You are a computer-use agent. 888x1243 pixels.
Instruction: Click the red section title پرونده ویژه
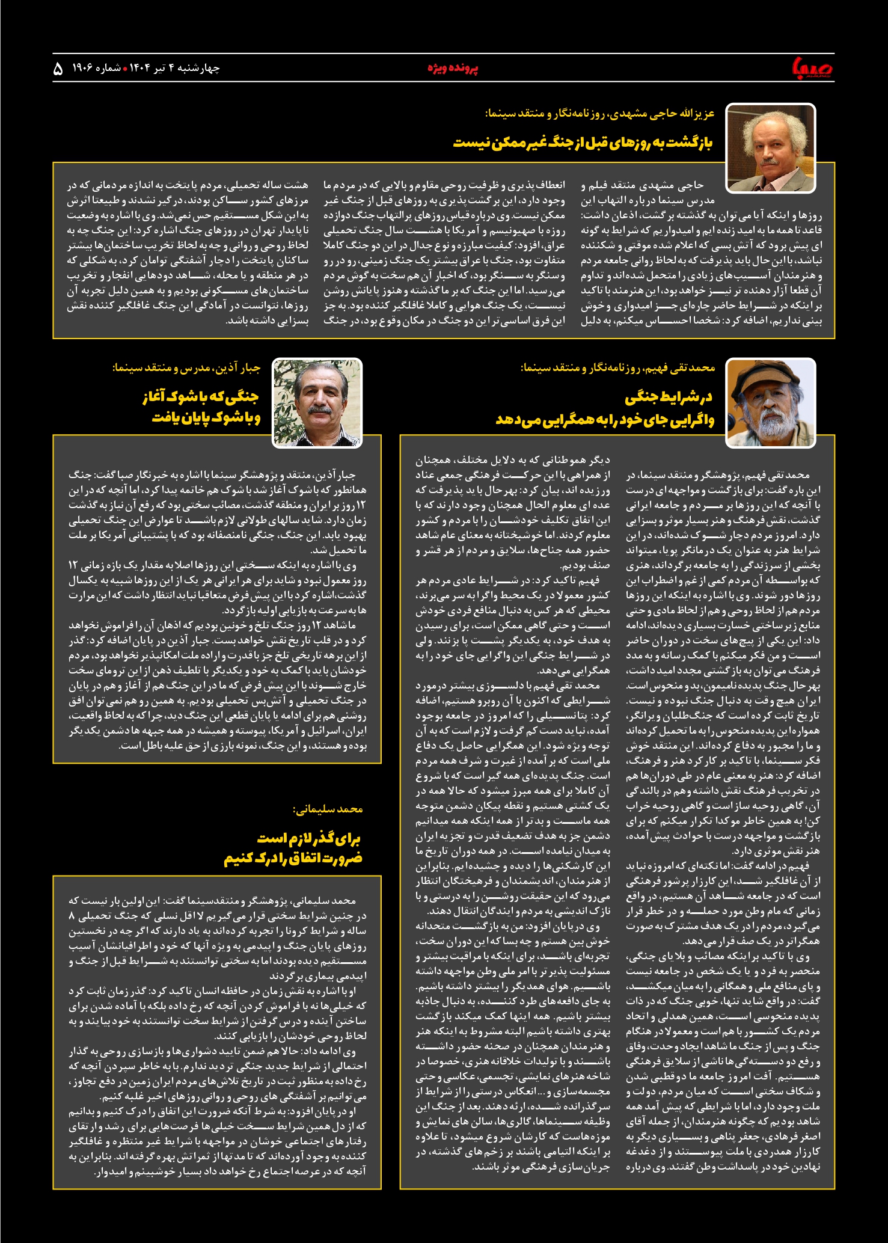[453, 68]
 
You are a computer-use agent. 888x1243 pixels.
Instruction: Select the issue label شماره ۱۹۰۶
[96, 68]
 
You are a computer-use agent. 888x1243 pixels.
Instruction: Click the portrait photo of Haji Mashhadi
[770, 148]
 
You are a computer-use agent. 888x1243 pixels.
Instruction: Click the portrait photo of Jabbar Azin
[317, 402]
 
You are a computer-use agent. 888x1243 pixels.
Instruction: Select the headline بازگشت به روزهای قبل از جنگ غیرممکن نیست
[582, 143]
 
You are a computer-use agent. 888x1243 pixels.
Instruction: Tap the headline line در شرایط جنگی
[669, 397]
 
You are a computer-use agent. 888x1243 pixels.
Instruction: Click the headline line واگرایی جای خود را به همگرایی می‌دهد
[605, 419]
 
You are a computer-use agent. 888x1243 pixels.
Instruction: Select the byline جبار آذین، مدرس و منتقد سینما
[186, 367]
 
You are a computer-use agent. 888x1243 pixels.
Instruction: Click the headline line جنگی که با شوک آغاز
[200, 397]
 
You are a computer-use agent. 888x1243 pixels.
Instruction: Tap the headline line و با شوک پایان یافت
[206, 418]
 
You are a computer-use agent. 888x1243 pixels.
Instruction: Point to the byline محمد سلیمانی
[328, 809]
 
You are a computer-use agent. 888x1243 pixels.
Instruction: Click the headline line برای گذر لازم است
[308, 838]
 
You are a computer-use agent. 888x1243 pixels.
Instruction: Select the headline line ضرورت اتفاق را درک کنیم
[293, 859]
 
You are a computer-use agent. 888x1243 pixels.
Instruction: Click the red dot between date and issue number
[125, 69]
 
